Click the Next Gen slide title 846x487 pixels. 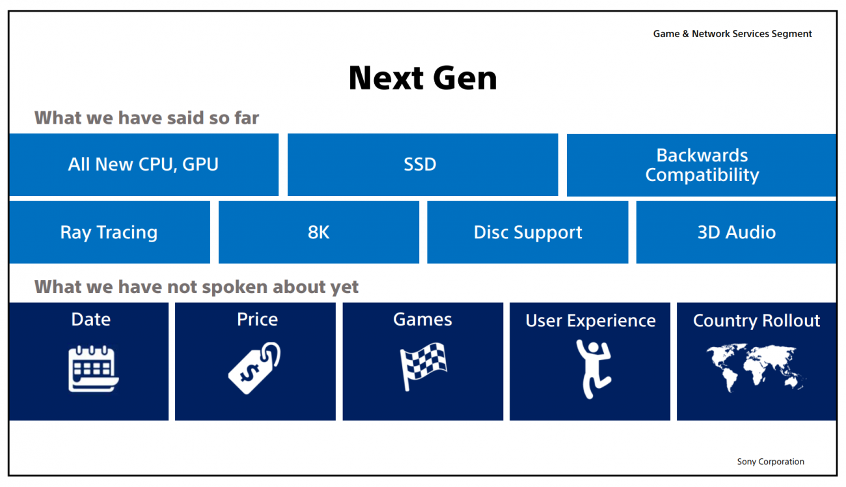point(422,78)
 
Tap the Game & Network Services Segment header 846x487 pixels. point(732,34)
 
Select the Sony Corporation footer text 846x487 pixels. point(771,462)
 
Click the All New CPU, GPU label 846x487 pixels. point(143,165)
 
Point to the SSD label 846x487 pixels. point(420,164)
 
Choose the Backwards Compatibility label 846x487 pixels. point(702,165)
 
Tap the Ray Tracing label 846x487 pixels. point(109,232)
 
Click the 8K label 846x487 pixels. point(318,232)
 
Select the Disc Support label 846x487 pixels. point(528,232)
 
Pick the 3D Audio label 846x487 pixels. point(737,232)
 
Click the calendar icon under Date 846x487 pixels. point(93,369)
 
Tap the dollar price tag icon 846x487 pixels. point(254,368)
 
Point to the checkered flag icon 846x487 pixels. point(423,366)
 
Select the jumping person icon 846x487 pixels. point(594,369)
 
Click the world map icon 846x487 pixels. point(756,368)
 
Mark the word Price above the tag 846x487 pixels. point(257,320)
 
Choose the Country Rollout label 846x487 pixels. point(756,321)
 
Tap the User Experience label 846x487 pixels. point(590,321)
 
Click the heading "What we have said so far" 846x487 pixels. point(146,118)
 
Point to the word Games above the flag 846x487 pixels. point(422,320)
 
